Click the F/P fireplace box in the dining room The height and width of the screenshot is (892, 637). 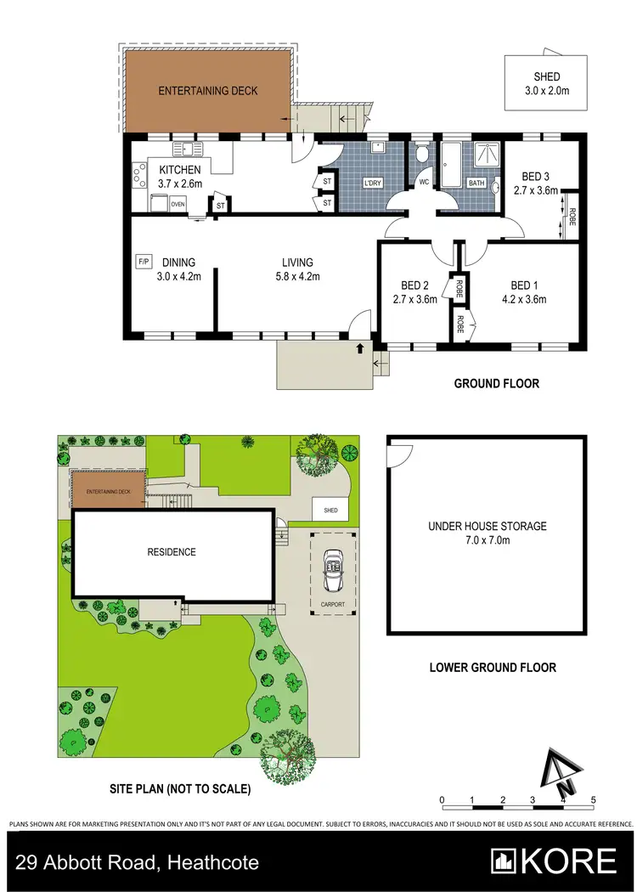tap(143, 263)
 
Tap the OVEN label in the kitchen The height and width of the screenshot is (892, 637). tap(178, 204)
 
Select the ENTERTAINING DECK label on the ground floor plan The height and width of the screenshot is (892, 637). tap(207, 90)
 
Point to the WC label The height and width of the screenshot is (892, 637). tap(423, 182)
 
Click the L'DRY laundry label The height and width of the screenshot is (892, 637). tap(371, 183)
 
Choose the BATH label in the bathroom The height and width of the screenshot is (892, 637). tap(476, 183)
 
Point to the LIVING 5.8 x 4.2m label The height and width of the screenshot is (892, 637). tap(297, 268)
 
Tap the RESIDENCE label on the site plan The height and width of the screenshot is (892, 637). tap(172, 552)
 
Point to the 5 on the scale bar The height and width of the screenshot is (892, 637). tap(593, 800)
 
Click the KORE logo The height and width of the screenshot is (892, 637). tap(555, 861)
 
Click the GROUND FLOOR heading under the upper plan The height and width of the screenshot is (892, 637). tap(496, 384)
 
